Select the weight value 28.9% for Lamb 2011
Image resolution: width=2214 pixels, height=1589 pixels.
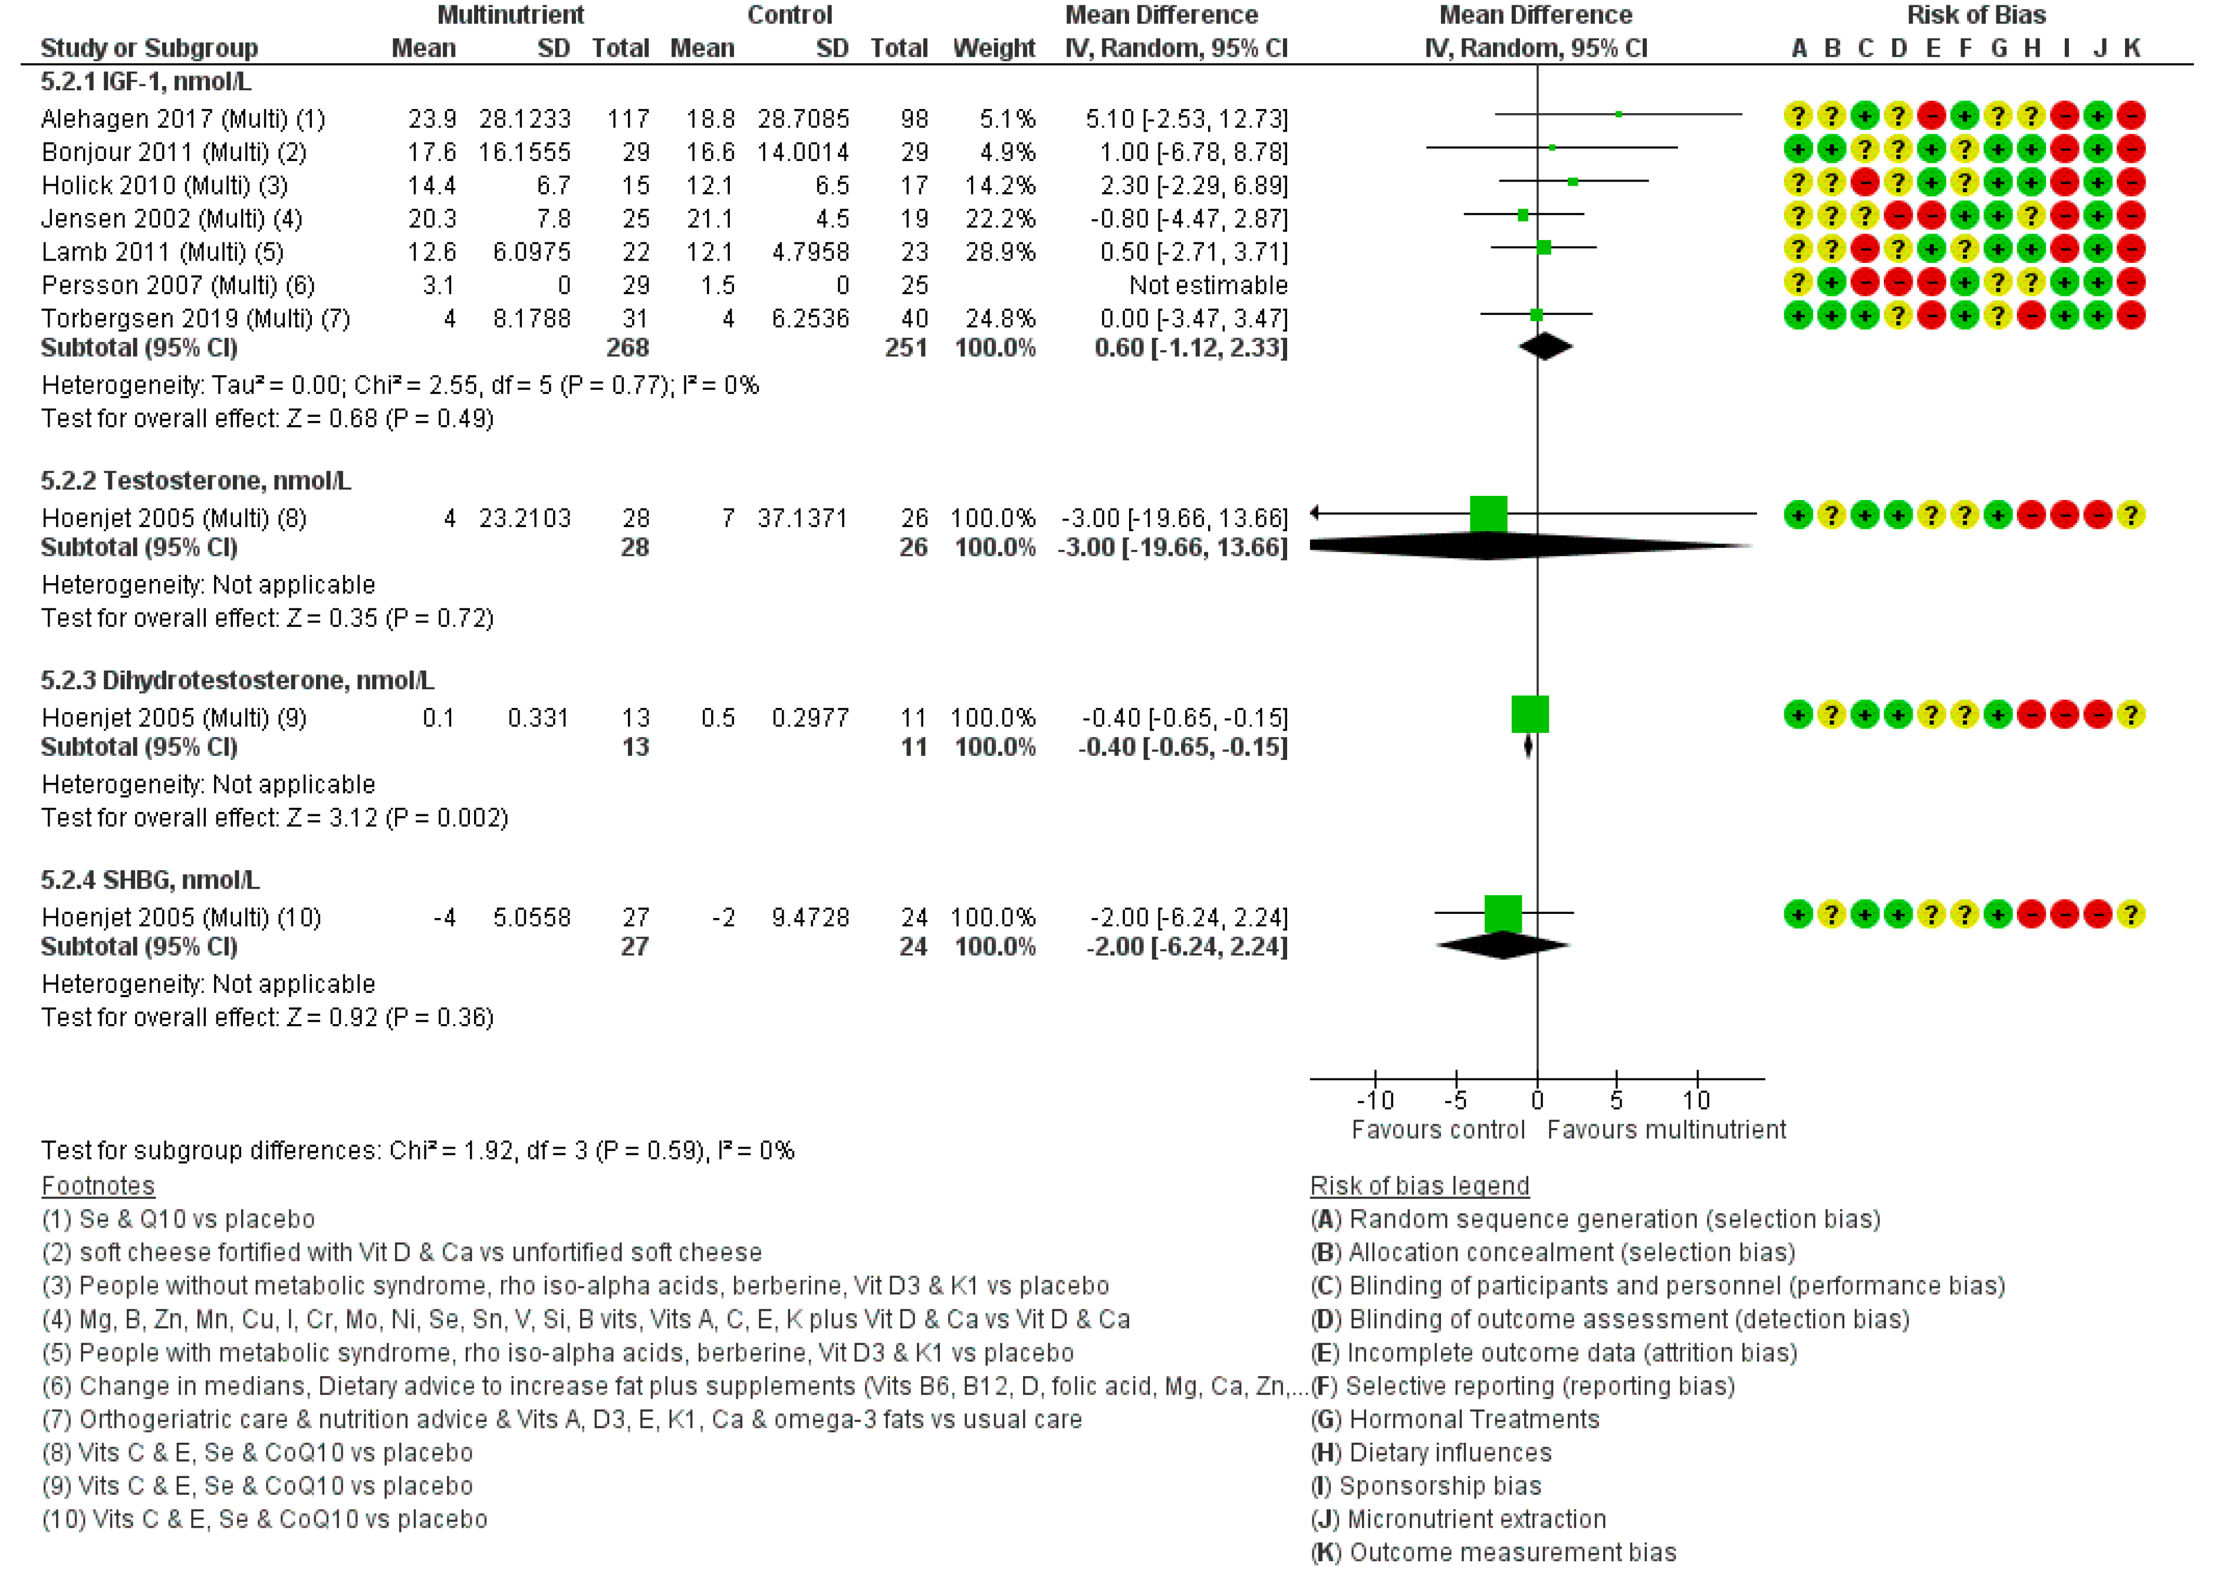pos(999,252)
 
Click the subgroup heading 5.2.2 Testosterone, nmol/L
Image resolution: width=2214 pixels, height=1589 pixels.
pos(195,480)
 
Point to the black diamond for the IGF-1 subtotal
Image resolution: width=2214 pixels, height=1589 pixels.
pos(1544,347)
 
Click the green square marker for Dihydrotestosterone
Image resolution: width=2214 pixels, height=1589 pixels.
pos(1529,715)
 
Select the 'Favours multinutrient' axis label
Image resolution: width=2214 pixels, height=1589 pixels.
pos(1666,1130)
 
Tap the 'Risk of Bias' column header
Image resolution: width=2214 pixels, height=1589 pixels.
pos(1976,15)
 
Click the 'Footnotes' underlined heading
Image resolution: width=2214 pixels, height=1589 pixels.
pos(98,1186)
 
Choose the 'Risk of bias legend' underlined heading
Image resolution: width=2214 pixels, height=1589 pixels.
pos(1419,1186)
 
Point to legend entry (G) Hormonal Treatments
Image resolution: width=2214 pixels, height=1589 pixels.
pos(1455,1419)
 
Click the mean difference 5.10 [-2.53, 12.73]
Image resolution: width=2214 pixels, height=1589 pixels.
pos(1186,119)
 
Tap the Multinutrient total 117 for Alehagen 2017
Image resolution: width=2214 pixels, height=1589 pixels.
pos(628,119)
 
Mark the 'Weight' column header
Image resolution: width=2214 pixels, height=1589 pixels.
pos(993,48)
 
